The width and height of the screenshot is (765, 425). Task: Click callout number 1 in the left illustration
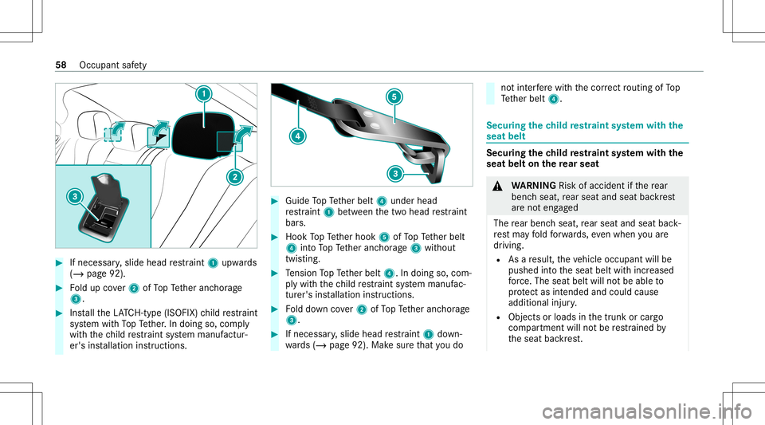click(x=206, y=94)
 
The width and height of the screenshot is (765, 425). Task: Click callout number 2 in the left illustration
click(x=235, y=178)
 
